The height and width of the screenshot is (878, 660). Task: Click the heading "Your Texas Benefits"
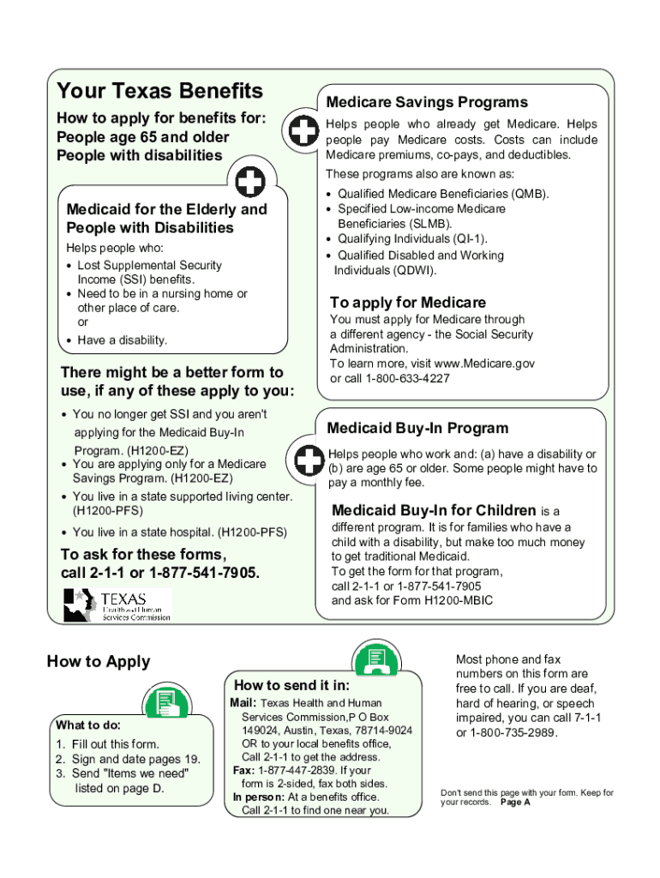click(159, 91)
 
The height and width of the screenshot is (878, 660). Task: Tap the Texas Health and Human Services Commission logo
click(117, 604)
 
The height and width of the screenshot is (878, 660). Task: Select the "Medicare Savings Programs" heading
click(427, 102)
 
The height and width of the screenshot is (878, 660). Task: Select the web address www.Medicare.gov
click(485, 364)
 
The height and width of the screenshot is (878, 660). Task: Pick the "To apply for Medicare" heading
click(408, 303)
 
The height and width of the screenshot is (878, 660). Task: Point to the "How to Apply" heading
click(98, 661)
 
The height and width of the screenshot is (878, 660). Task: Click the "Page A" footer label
click(515, 803)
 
